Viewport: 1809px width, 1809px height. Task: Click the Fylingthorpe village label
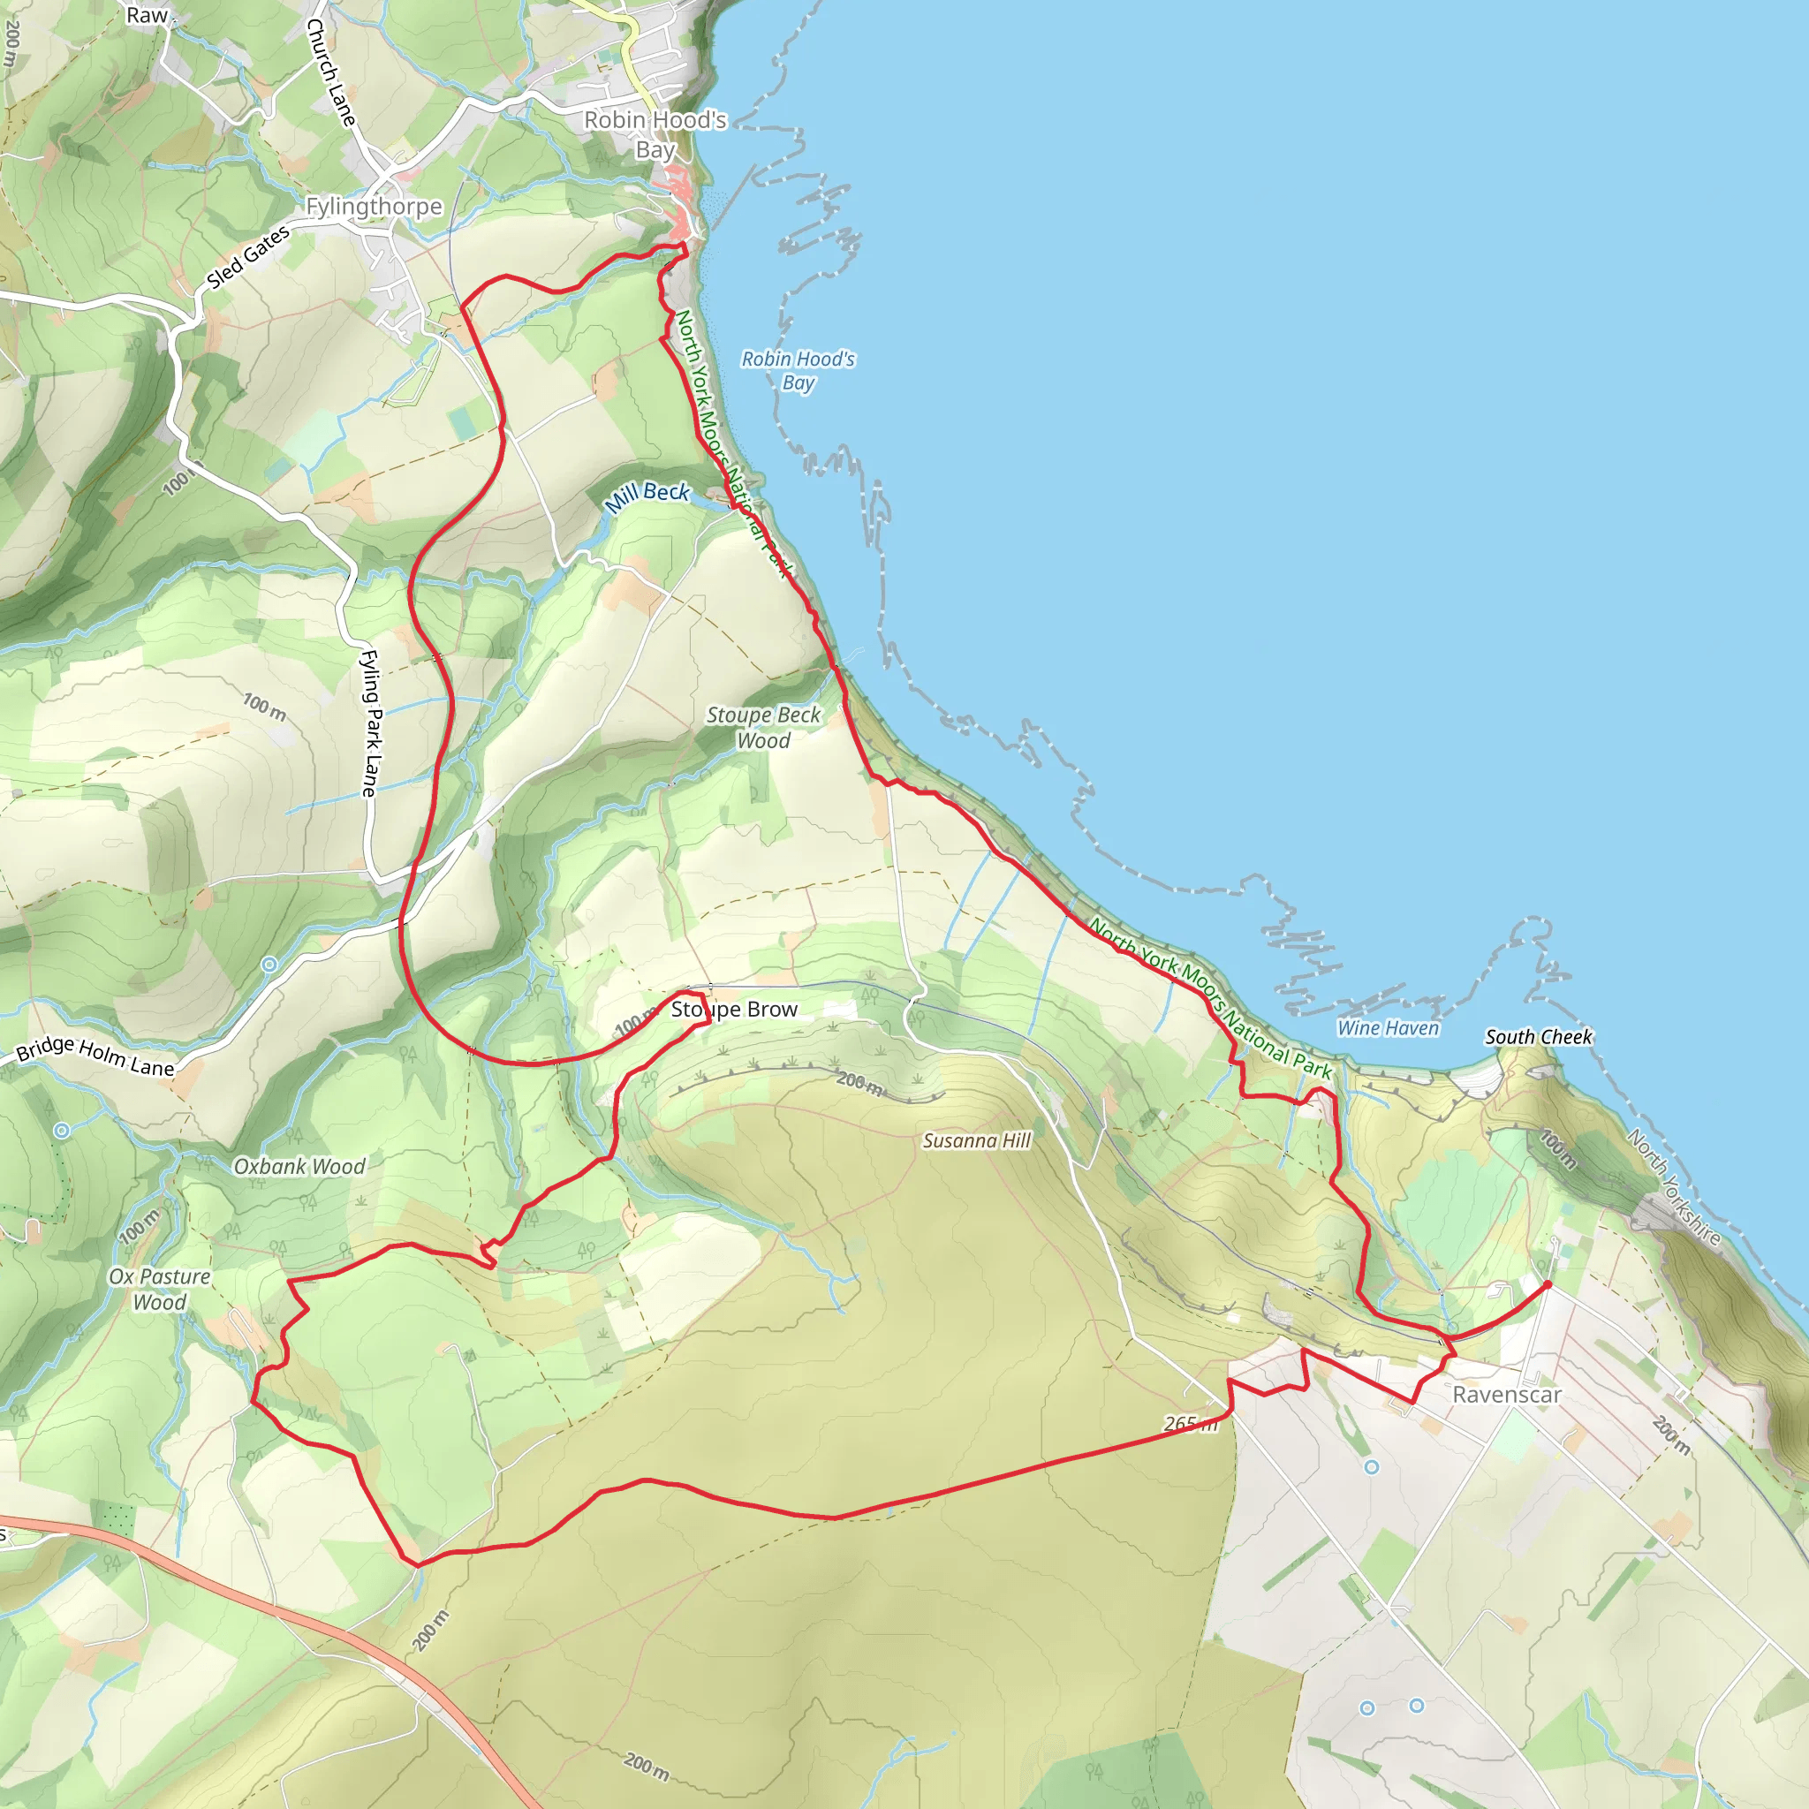coord(374,206)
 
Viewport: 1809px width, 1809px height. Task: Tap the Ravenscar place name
coord(1507,1394)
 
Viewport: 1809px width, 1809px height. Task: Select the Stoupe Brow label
coord(734,1010)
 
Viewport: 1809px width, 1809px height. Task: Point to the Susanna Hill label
coord(977,1139)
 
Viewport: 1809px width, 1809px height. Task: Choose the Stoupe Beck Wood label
coord(763,728)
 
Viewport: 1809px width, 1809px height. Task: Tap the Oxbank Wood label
coord(299,1166)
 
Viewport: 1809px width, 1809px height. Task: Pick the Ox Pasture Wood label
coord(160,1289)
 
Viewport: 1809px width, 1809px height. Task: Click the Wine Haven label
coord(1388,1028)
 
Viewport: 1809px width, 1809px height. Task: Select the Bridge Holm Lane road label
coord(95,1057)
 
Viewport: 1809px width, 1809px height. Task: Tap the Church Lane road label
coord(330,72)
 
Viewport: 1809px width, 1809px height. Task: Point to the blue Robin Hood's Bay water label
coord(798,371)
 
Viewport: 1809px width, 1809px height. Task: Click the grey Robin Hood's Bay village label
coord(655,134)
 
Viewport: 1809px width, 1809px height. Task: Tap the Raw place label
coord(147,15)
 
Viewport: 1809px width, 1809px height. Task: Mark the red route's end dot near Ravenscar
coord(1548,1284)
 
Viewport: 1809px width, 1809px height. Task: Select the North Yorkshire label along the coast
coord(1673,1187)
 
